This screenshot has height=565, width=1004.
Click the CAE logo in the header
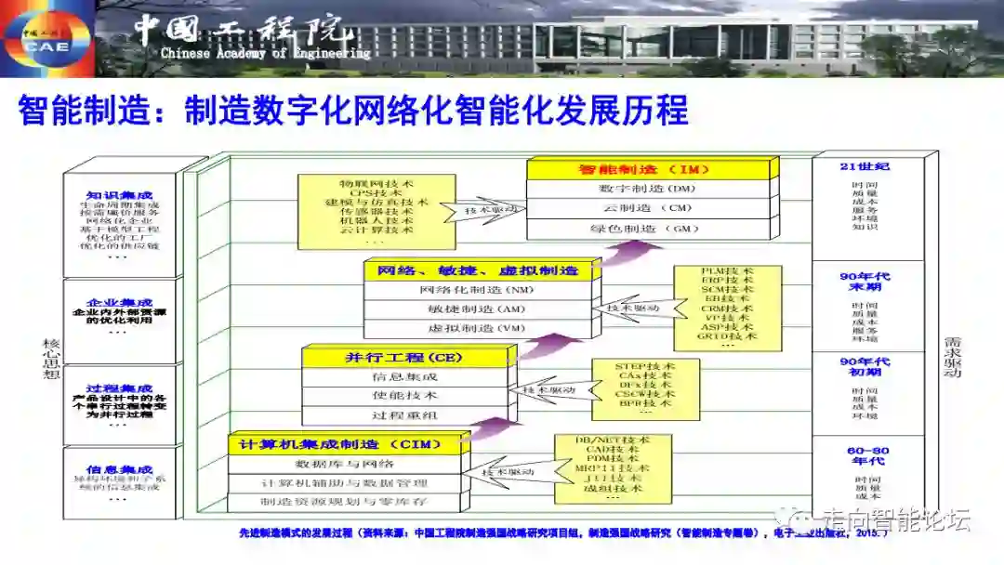pyautogui.click(x=46, y=37)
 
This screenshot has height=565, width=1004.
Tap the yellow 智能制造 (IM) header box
pyautogui.click(x=650, y=169)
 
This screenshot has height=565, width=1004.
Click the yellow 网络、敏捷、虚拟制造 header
pyautogui.click(x=478, y=270)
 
